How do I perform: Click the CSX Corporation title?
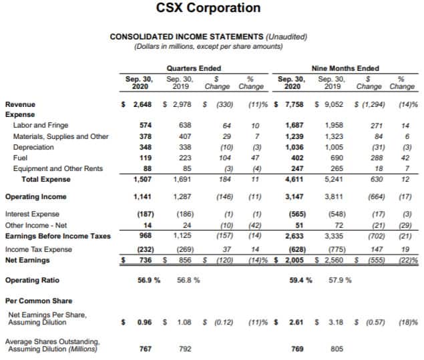pos(208,7)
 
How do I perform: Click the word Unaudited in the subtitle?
pos(286,37)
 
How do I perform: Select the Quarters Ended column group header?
pos(194,68)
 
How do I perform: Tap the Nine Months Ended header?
pos(345,68)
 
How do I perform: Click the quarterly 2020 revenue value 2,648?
pos(142,104)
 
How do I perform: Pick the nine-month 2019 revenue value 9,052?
pos(334,104)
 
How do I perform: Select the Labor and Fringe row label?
pos(41,125)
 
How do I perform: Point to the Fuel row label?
pos(20,158)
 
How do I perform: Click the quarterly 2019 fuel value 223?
pos(185,158)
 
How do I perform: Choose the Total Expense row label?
pos(46,179)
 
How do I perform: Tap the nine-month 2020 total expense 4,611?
pos(294,179)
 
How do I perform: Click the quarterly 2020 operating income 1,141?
pos(142,196)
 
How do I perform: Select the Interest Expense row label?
pos(32,214)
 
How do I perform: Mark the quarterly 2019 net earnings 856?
pos(185,260)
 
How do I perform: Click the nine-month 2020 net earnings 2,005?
pos(294,260)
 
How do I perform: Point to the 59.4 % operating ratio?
pos(300,280)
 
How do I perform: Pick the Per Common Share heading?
pos(39,301)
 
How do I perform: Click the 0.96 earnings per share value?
pos(144,322)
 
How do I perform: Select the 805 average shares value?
pos(337,349)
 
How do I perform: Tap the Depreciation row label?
pos(33,147)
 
